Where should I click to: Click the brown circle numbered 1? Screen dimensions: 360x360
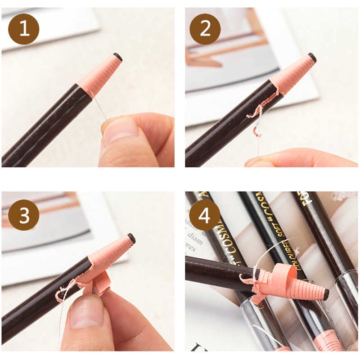[x=24, y=29]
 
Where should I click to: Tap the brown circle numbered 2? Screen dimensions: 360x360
[x=205, y=29]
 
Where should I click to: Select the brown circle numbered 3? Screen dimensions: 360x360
[x=24, y=215]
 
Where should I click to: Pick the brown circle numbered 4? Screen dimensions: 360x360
[x=205, y=215]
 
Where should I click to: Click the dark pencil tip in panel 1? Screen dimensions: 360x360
[x=118, y=57]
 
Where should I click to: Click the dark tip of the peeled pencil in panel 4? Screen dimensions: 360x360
[x=325, y=294]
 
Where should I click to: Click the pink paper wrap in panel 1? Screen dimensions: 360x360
[x=100, y=75]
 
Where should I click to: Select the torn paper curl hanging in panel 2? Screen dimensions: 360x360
[x=256, y=119]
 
